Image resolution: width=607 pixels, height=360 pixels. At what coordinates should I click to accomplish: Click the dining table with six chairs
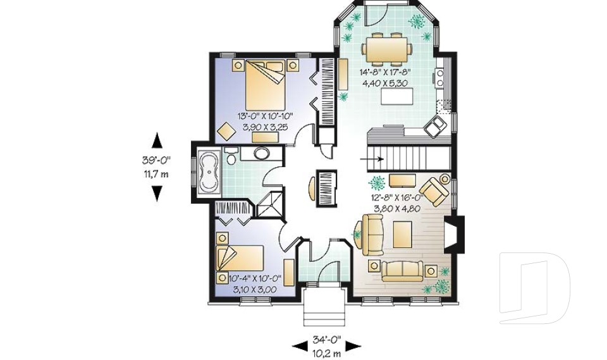click(x=386, y=49)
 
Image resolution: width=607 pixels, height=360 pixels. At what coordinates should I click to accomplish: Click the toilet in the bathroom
click(x=231, y=156)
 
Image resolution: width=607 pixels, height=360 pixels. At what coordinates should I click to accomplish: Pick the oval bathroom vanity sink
click(x=261, y=153)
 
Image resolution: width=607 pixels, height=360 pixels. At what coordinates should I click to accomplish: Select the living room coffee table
click(x=403, y=234)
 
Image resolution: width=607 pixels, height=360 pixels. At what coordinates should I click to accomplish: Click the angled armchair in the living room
click(x=434, y=190)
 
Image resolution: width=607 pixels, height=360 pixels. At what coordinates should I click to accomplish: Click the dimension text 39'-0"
click(x=156, y=161)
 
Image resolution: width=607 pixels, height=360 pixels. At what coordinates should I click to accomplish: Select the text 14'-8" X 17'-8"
click(x=386, y=72)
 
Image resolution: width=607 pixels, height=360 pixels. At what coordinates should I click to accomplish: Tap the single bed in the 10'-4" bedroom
click(x=241, y=258)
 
